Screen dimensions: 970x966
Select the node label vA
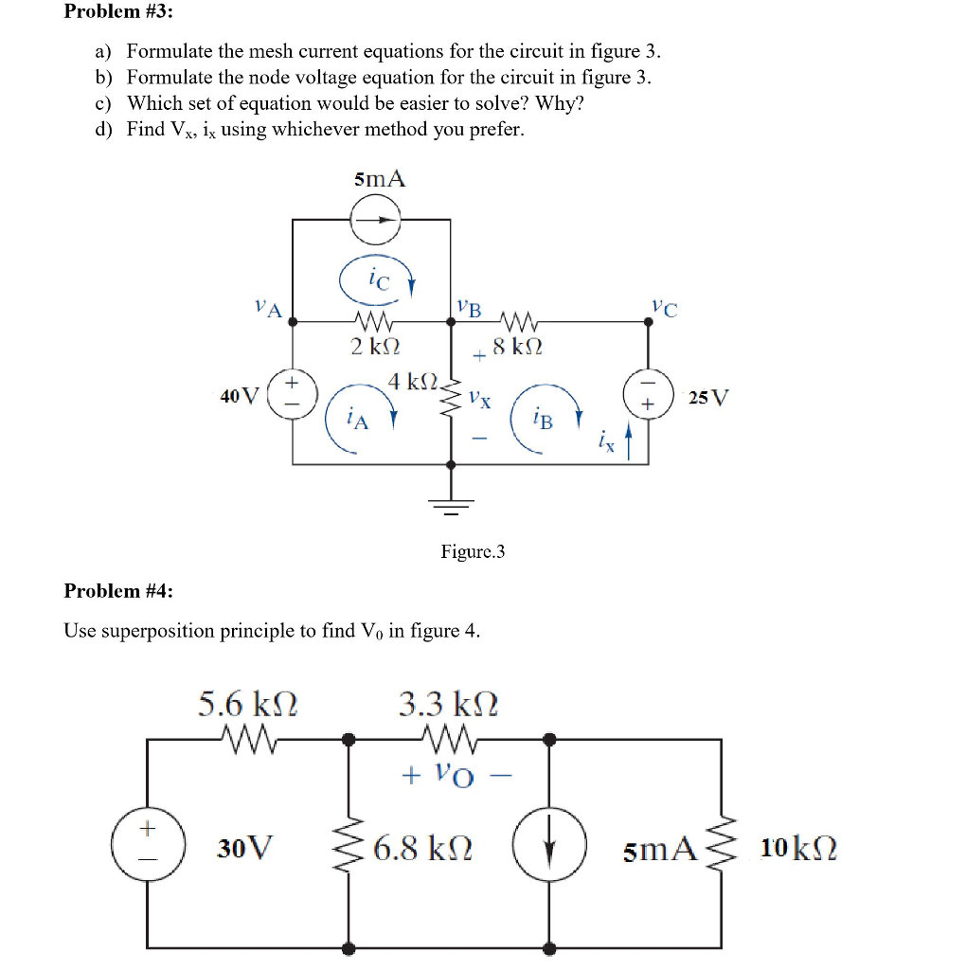268,308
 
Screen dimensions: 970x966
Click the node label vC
665,308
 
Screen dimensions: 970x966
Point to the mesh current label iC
377,280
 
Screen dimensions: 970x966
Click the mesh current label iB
543,419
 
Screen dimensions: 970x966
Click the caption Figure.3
473,550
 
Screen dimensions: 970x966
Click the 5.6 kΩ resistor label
248,704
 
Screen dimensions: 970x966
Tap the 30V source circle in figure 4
147,842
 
